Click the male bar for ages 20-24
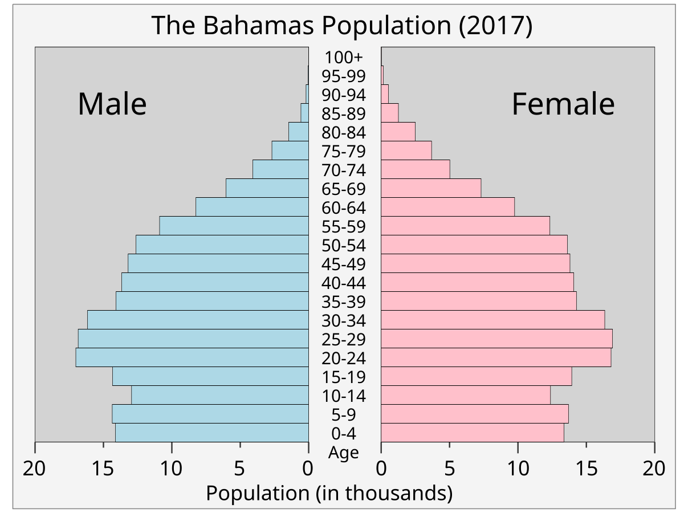(x=192, y=357)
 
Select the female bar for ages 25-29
(x=496, y=339)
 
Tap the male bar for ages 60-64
(x=252, y=207)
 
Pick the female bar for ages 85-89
(x=390, y=113)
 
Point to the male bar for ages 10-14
(x=220, y=395)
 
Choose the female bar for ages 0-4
(x=473, y=433)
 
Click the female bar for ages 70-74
(x=416, y=169)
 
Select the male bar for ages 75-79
(x=290, y=150)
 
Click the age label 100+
(x=344, y=57)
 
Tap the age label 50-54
(x=344, y=245)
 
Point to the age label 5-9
(x=344, y=414)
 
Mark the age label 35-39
(x=344, y=302)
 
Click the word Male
(x=112, y=104)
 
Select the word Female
(x=563, y=104)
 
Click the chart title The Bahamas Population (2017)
(x=342, y=26)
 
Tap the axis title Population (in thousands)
(x=329, y=492)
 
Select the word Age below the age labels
(x=344, y=453)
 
